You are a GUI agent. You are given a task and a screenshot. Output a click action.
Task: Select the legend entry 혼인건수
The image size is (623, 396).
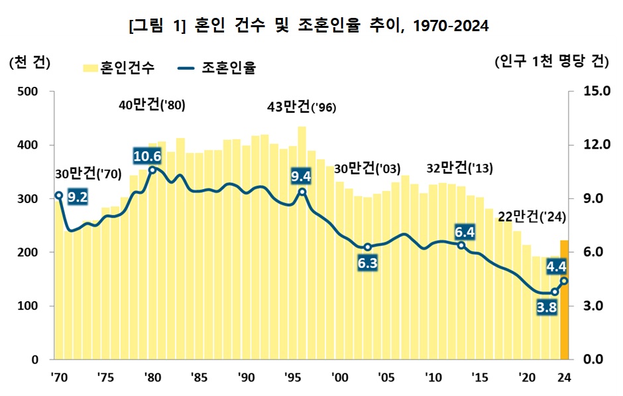pos(119,68)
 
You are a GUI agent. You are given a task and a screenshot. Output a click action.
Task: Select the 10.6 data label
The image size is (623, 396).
pos(147,157)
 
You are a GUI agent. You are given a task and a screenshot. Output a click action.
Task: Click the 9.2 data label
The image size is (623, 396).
pos(78,197)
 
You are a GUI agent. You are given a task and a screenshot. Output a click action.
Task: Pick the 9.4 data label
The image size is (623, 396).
pos(301,176)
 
